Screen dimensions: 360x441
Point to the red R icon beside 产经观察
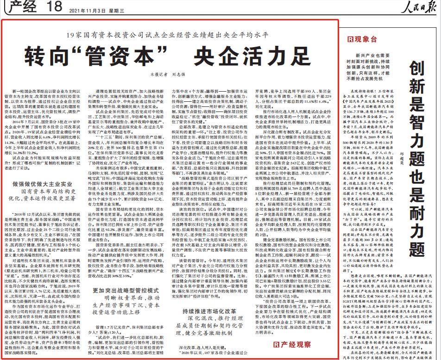[277, 344]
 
